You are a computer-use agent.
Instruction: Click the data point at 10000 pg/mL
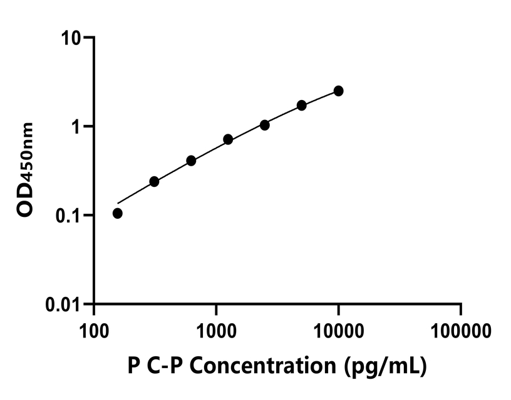tap(338, 91)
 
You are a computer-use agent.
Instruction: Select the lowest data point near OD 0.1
tap(117, 213)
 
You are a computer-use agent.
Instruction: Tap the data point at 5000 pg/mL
tap(302, 105)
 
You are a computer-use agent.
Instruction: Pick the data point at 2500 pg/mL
tap(265, 125)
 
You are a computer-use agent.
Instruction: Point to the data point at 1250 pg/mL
tap(228, 139)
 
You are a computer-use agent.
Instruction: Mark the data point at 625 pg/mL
tap(191, 161)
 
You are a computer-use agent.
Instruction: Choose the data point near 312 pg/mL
tap(154, 181)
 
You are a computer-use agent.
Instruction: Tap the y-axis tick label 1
tap(78, 127)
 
